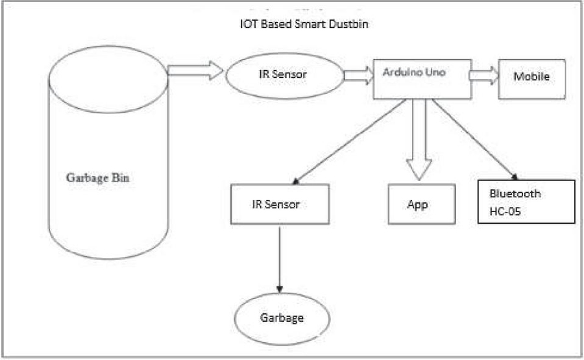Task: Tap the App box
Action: [417, 205]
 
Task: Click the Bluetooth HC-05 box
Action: [526, 201]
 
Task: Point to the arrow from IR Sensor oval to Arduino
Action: [358, 76]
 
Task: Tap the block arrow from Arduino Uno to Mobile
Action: [483, 76]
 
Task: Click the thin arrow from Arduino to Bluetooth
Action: [477, 140]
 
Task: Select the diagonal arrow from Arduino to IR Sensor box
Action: [350, 142]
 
